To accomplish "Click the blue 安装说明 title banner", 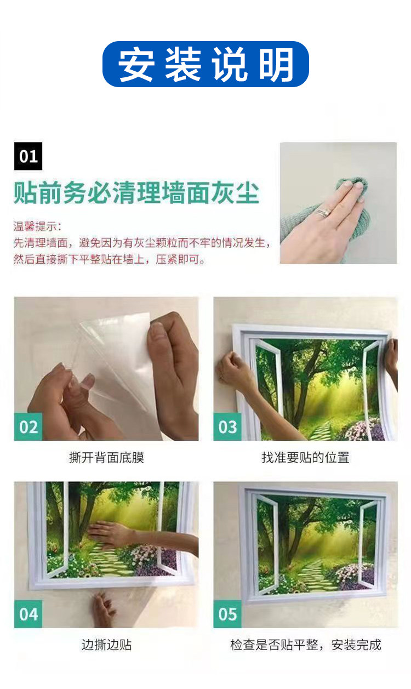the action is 206,64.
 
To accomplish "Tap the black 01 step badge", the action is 28,156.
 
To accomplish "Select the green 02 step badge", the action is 28,427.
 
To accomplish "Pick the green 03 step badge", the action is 227,427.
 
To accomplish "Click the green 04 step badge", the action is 28,614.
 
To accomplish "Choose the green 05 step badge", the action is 227,614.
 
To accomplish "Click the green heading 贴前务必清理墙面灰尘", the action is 136,193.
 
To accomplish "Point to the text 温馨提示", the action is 36,226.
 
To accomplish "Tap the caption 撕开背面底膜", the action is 107,458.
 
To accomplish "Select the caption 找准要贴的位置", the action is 306,458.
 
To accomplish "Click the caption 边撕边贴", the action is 107,645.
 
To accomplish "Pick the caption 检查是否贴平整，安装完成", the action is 306,645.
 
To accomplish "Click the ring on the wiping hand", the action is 323,212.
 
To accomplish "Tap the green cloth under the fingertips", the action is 353,186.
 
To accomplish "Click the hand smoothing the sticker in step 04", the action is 107,534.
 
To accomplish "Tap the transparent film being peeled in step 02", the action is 114,363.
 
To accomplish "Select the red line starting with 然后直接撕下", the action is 109,259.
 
